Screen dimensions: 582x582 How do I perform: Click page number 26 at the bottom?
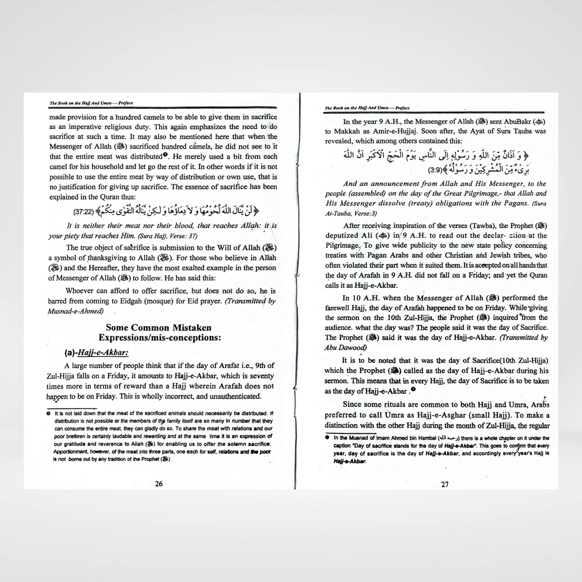tap(159, 484)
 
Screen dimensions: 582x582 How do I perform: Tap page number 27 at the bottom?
tap(445, 484)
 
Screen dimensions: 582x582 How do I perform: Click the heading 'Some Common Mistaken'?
tap(158, 328)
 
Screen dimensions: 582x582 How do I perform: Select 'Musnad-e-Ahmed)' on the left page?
tap(75, 311)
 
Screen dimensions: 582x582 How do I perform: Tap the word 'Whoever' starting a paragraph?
tap(82, 291)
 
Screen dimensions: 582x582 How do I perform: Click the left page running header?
tap(91, 103)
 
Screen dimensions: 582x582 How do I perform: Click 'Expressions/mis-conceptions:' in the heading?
tap(160, 338)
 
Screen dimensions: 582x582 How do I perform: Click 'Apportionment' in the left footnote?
tap(72, 451)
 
